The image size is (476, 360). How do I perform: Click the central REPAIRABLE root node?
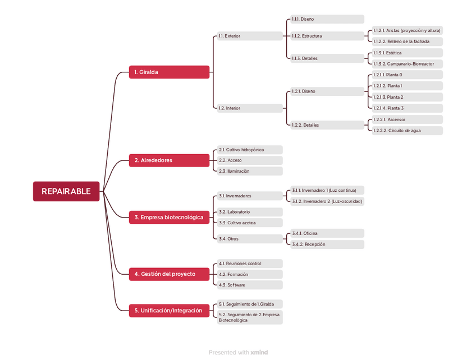point(66,191)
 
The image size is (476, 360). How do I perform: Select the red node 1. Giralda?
point(169,72)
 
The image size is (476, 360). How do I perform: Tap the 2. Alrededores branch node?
point(169,160)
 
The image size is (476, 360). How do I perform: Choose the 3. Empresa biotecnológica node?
point(169,217)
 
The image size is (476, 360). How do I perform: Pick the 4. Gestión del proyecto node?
point(169,274)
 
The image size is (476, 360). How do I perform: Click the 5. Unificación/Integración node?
point(169,310)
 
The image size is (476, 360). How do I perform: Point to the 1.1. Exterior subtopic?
point(250,36)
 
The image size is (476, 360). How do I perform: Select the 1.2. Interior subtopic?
point(250,108)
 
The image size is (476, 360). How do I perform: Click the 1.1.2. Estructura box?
point(327,36)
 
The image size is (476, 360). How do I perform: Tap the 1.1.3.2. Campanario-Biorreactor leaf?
point(407,64)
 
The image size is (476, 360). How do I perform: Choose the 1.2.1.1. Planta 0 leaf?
point(407,75)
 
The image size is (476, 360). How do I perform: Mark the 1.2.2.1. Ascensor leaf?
point(407,119)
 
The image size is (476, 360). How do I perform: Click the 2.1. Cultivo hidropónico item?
point(250,150)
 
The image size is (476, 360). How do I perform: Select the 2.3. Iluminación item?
point(250,171)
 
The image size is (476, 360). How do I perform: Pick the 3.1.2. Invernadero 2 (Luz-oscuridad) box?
point(327,201)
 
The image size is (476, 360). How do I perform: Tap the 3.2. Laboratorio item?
point(250,212)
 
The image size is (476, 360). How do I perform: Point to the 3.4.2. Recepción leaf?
point(327,244)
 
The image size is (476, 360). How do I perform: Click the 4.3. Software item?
point(250,285)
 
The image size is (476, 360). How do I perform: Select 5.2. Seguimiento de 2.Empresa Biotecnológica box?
point(250,317)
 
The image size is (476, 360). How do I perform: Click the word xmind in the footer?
point(259,353)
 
